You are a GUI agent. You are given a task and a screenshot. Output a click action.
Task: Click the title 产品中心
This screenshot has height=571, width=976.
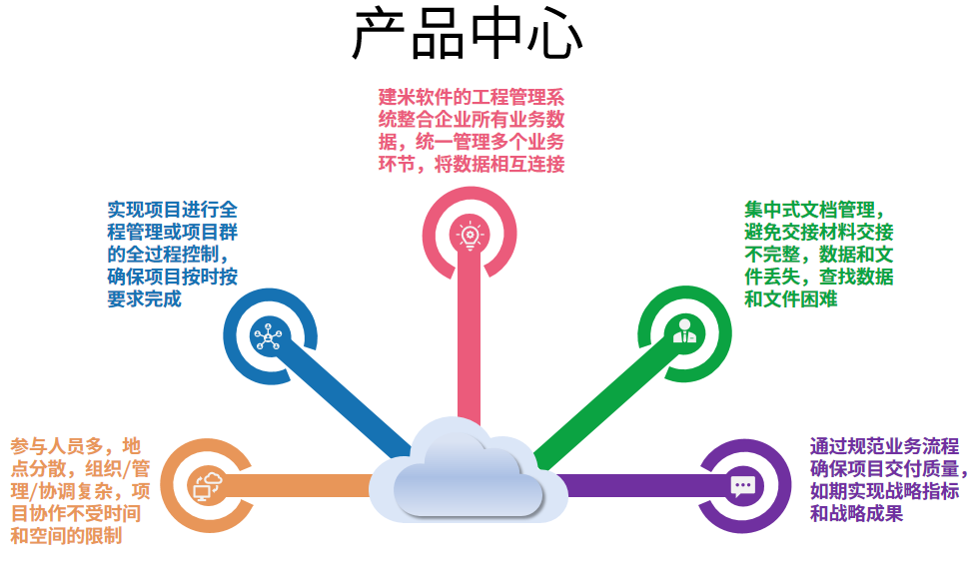pos(467,36)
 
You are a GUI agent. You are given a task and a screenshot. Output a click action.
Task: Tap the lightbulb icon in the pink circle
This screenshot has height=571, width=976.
pos(469,234)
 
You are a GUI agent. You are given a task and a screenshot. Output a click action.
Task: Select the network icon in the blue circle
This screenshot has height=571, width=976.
pos(269,336)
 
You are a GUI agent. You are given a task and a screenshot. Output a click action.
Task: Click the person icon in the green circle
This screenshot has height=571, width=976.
pos(684,332)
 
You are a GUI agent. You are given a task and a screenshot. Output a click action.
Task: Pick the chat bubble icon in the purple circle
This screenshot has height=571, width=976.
pos(742,486)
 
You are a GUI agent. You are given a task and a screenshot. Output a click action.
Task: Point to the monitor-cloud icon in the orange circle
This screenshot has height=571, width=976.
pos(208,486)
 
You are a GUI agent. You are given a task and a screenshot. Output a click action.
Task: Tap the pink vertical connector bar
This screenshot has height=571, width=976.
pos(469,339)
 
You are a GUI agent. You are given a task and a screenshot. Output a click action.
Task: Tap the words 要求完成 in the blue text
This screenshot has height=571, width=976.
pos(144,298)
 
